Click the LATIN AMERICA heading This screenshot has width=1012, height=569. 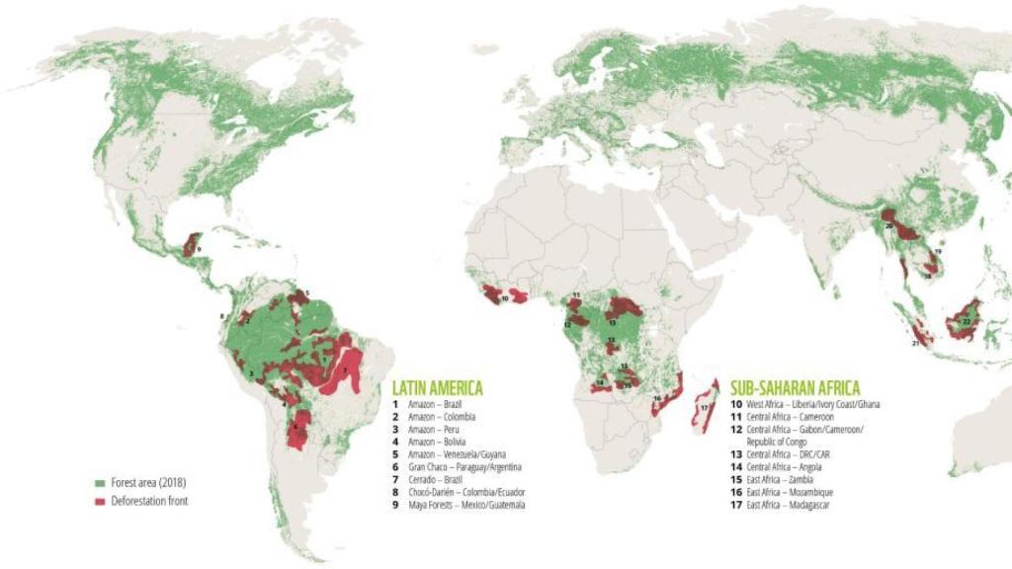coord(437,387)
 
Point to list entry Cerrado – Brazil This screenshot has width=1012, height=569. coord(434,479)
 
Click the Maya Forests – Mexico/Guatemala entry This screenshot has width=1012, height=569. coord(465,505)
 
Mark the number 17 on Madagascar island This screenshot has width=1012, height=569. coord(704,407)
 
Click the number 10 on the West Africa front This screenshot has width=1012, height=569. coord(504,297)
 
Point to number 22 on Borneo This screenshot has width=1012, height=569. coord(966,321)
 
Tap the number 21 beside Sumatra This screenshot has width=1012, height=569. coord(916,343)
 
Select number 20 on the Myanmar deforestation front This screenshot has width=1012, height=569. coord(889,226)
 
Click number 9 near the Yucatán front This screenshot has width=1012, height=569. coord(200,250)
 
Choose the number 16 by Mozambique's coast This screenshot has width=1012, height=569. coord(657,398)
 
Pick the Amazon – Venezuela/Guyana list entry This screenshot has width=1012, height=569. coord(456,453)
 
